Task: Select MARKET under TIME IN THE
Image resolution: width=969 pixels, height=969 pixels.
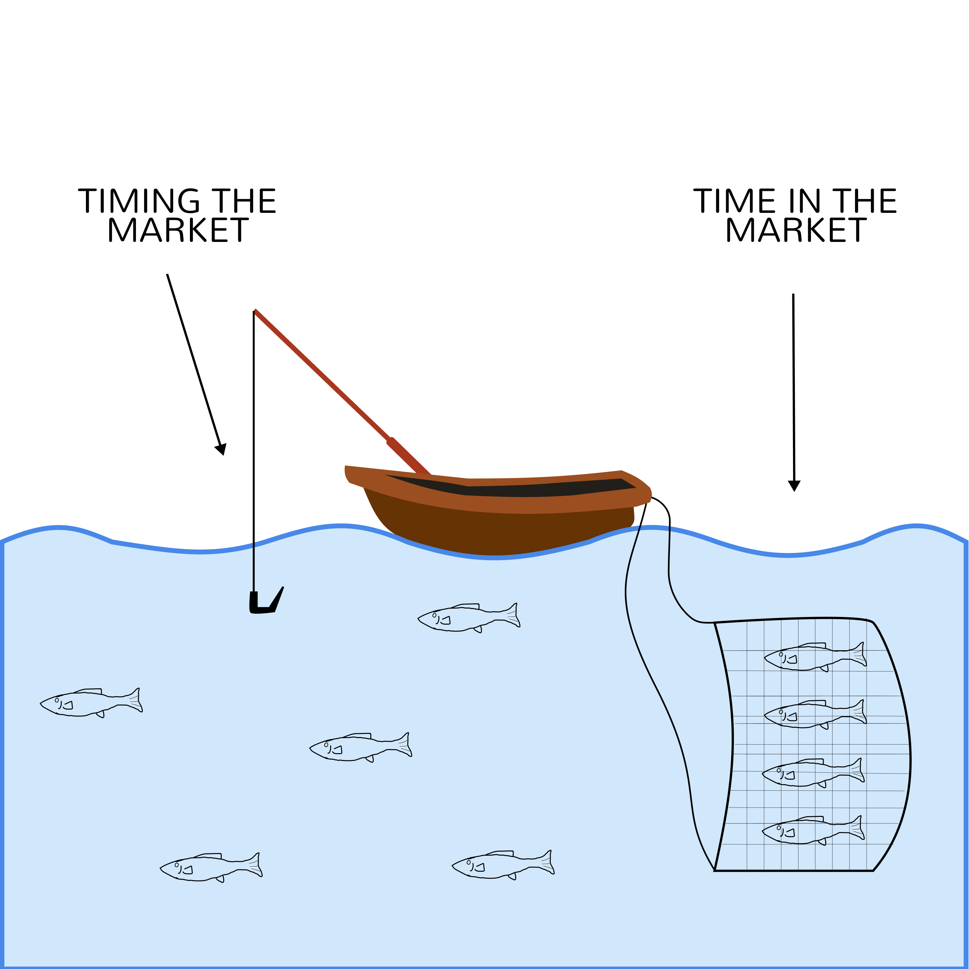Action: pyautogui.click(x=797, y=230)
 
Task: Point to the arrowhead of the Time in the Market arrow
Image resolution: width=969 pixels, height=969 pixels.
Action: pyautogui.click(x=794, y=485)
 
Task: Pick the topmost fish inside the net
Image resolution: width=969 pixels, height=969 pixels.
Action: pyautogui.click(x=815, y=657)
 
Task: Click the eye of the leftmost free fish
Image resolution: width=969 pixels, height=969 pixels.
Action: pyautogui.click(x=57, y=700)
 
